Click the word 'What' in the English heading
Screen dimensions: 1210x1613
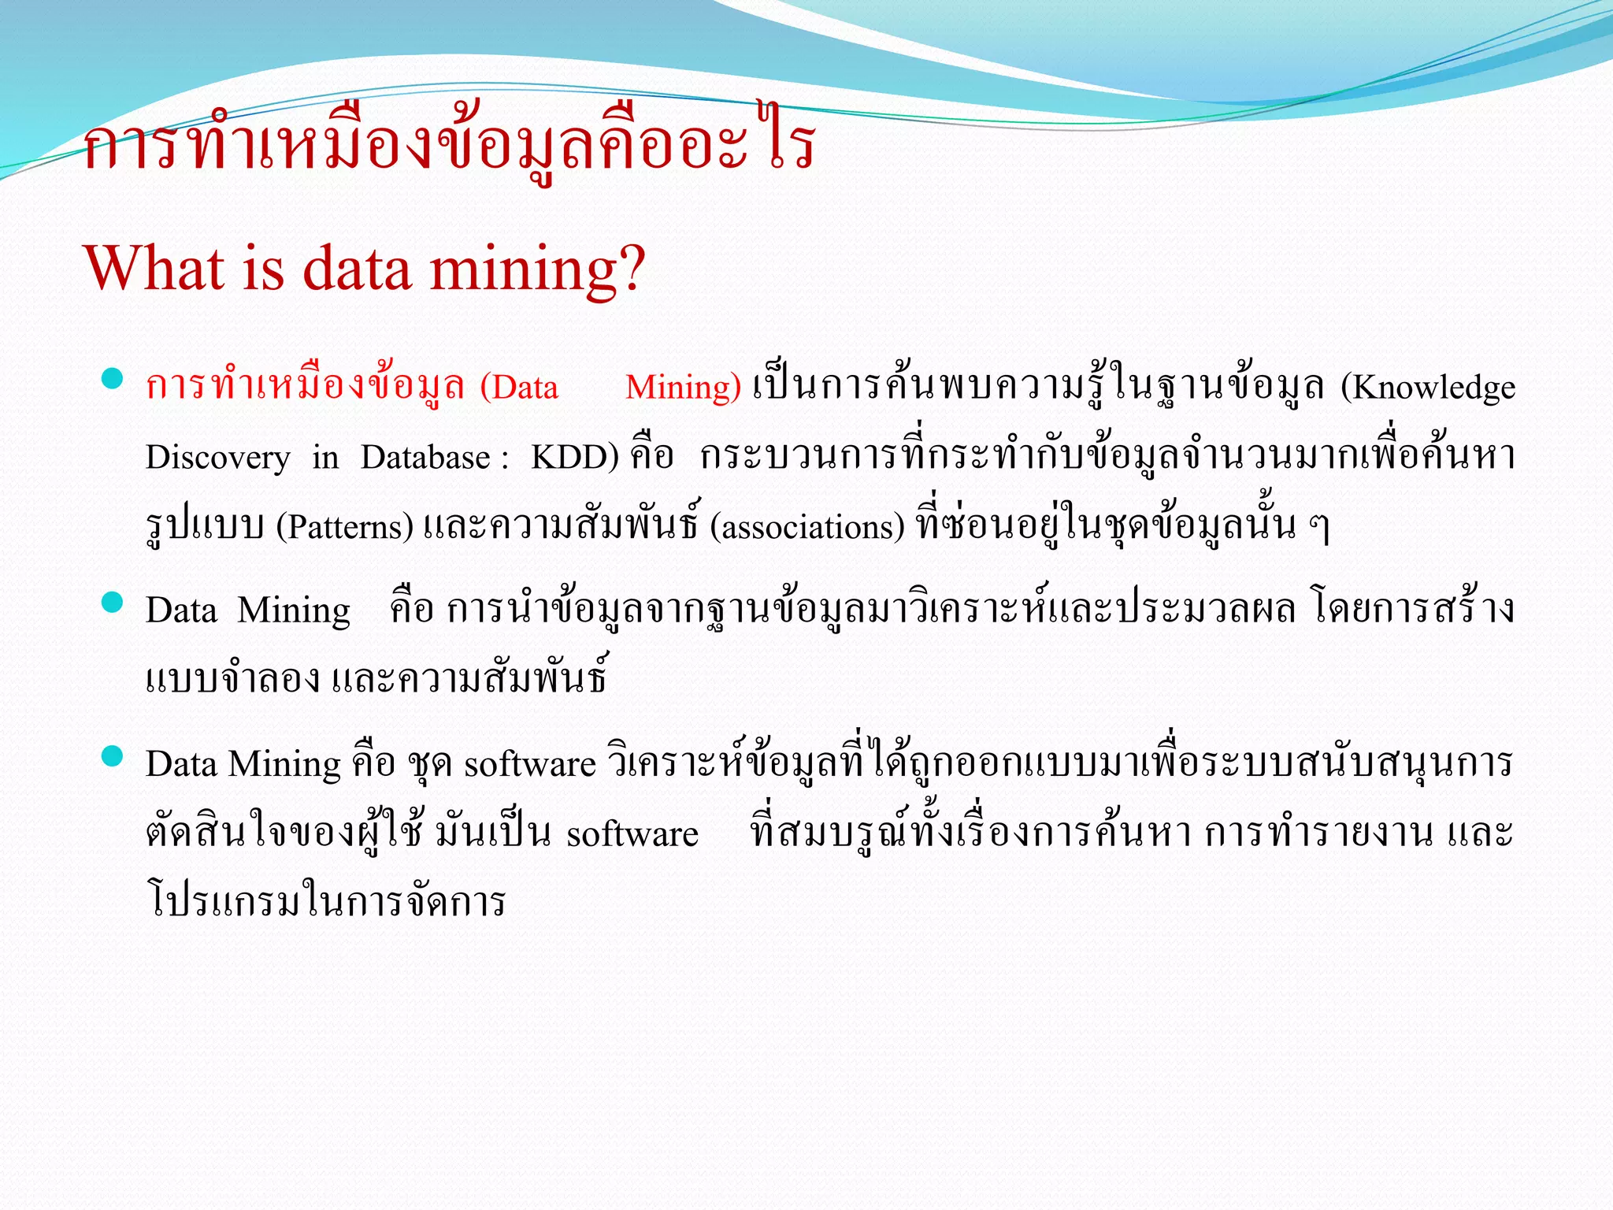[154, 269]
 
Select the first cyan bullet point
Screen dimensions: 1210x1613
[113, 379]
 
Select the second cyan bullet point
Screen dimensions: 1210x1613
[113, 603]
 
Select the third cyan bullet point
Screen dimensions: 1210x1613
[113, 756]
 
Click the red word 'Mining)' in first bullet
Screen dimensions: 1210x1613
[683, 388]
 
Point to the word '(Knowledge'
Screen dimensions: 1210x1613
[1428, 388]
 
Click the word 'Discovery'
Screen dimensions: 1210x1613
[217, 458]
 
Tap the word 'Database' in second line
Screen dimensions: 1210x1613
[425, 458]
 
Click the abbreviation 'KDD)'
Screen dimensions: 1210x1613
[574, 458]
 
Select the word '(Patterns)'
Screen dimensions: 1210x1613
[344, 527]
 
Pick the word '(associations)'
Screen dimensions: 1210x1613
[807, 527]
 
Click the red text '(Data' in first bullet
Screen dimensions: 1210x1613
[519, 388]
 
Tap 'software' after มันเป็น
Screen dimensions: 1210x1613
[632, 834]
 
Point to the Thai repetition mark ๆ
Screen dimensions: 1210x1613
[1319, 527]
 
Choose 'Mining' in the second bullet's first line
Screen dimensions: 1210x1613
[294, 611]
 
